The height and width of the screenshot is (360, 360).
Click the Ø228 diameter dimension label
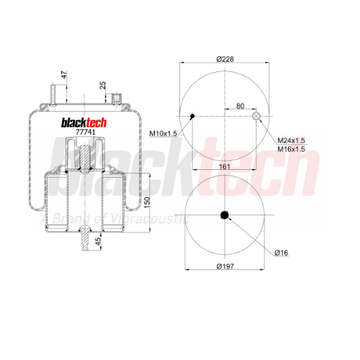click(x=225, y=59)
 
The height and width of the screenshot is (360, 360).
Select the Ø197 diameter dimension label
click(x=225, y=266)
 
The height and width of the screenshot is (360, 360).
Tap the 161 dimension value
click(x=225, y=166)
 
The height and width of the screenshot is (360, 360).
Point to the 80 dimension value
click(x=240, y=106)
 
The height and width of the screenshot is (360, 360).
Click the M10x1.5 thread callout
click(x=163, y=133)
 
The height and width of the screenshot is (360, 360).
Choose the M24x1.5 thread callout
click(x=291, y=140)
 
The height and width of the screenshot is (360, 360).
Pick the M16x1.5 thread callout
click(x=291, y=149)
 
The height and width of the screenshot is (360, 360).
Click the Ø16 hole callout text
click(x=282, y=253)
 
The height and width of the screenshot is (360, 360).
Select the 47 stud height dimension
click(x=64, y=75)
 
